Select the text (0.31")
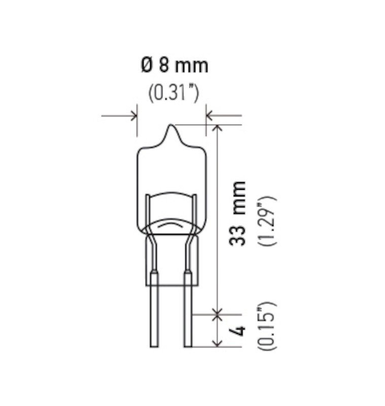click(173, 93)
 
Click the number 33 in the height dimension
click(237, 235)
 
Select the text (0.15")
click(267, 326)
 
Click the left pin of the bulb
click(154, 315)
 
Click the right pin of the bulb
click(188, 315)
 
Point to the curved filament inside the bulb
click(171, 223)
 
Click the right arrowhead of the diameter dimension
click(209, 116)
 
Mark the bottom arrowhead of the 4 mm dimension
click(218, 343)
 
